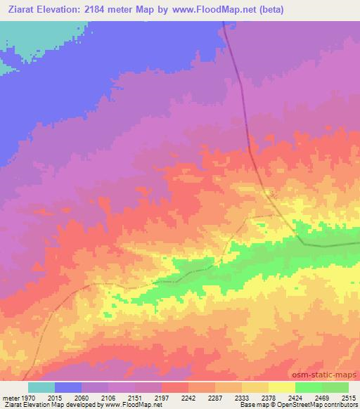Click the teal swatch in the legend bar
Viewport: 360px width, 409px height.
(41, 387)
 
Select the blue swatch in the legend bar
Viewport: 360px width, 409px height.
(68, 387)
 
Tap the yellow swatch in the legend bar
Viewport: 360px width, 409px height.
(281, 387)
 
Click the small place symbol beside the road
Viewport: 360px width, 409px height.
(273, 193)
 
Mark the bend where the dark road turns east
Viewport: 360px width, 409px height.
(302, 243)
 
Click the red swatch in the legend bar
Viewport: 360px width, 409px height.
(175, 387)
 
